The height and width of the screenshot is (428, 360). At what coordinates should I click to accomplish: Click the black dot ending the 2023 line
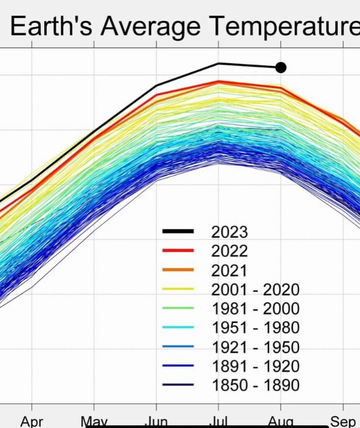point(281,67)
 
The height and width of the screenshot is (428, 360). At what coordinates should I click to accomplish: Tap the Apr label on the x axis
point(32,421)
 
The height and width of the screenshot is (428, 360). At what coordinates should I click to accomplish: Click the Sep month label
point(343,421)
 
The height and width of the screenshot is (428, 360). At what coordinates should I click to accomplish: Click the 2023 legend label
point(230,232)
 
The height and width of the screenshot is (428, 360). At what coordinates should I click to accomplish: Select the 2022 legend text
point(230,251)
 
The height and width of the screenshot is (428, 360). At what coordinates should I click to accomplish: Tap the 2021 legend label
point(230,270)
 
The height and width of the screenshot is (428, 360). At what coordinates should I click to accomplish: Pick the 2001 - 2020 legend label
point(256,289)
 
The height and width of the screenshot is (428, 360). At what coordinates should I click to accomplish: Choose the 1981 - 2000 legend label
point(256,308)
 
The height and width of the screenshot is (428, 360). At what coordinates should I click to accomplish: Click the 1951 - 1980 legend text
point(256,328)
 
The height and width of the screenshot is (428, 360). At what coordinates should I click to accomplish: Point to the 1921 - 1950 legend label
point(256,347)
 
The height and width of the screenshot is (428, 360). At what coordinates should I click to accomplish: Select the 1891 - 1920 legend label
point(256,366)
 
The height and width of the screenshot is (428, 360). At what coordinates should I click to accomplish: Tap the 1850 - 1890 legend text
point(256,385)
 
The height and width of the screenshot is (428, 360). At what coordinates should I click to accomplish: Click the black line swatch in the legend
point(178,231)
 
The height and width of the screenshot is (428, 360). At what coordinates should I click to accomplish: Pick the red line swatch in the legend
point(178,250)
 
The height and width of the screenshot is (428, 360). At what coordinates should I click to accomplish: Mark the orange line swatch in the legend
point(178,270)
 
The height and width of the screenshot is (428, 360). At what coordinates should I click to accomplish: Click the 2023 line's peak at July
point(218,64)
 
